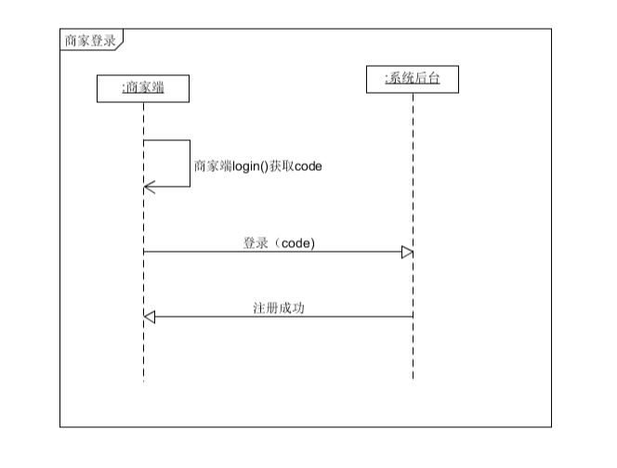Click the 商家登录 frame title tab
point(90,40)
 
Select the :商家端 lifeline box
point(143,88)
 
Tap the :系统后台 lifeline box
point(412,80)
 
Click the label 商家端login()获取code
point(257,166)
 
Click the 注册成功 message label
point(279,307)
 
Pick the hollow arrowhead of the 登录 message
point(407,252)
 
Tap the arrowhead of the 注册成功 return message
point(150,317)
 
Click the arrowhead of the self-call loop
point(148,187)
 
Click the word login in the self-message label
point(245,166)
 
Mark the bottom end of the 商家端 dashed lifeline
point(143,379)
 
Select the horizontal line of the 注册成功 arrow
point(279,317)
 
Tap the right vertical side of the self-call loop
point(190,163)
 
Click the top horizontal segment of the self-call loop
point(166,140)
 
